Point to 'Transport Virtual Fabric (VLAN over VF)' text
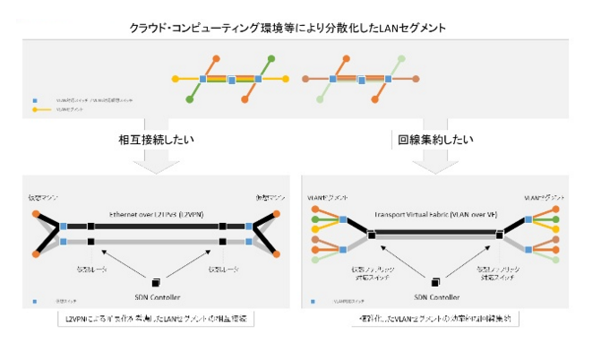pyautogui.click(x=438, y=215)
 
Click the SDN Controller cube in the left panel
pyautogui.click(x=156, y=279)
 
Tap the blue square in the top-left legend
pyautogui.click(x=35, y=100)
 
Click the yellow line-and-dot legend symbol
pyautogui.click(x=35, y=110)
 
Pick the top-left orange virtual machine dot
pyautogui.click(x=37, y=214)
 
